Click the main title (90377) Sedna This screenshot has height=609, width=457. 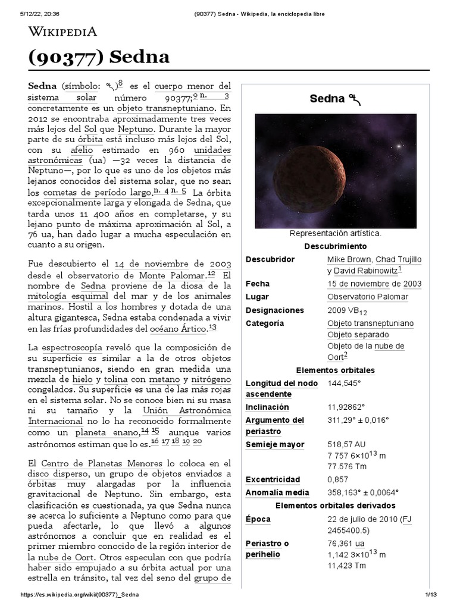coord(99,57)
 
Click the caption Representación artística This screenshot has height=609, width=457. coord(335,234)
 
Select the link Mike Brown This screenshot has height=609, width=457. coord(349,260)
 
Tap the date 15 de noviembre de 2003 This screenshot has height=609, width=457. coord(374,284)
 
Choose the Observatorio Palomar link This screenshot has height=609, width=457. coord(367,297)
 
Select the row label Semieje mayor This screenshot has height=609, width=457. coord(274,444)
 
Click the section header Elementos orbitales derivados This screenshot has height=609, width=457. coord(335,506)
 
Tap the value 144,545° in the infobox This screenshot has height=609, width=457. coord(345,384)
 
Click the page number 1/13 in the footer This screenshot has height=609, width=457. coord(431,595)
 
